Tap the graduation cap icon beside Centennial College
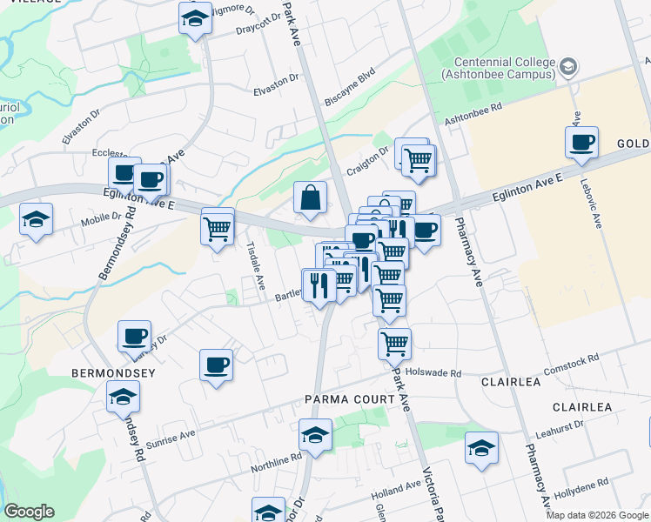(568, 66)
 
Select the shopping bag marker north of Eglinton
(310, 198)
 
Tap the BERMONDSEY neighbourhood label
(113, 373)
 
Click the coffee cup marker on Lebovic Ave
(581, 142)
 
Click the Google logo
(29, 512)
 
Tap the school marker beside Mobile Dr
(37, 219)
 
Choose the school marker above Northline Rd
(315, 435)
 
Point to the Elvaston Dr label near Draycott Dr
(276, 90)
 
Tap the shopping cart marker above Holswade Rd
(395, 344)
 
